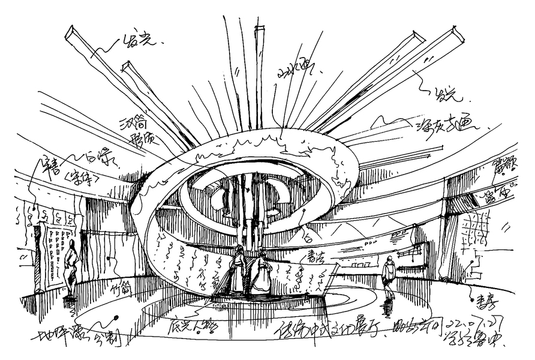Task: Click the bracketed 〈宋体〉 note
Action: pyautogui.click(x=77, y=179)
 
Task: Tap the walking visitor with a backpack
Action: pyautogui.click(x=389, y=273)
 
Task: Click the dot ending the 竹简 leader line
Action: pyautogui.click(x=108, y=259)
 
